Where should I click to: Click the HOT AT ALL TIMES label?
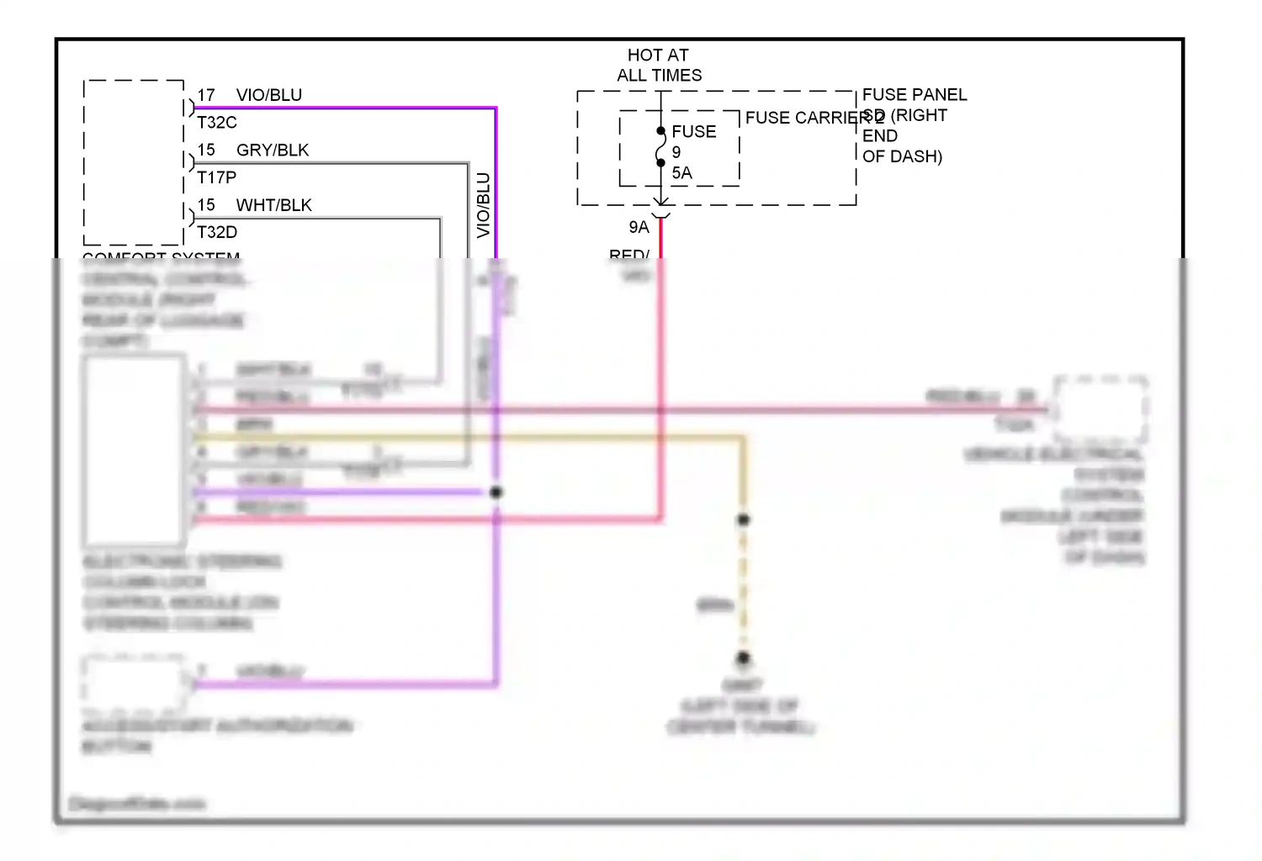[x=659, y=65]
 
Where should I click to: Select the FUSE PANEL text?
[x=914, y=95]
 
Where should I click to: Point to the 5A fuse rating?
[x=681, y=173]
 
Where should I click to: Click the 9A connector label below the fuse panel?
[x=639, y=227]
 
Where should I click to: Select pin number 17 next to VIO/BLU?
[x=206, y=95]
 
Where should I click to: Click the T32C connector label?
[x=217, y=123]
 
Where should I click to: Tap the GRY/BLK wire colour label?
[x=273, y=151]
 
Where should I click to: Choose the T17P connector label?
[x=217, y=177]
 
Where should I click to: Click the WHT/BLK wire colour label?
[x=273, y=205]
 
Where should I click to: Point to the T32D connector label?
[x=217, y=232]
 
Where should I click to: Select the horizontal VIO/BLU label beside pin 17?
[x=268, y=95]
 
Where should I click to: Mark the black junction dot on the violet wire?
[x=496, y=492]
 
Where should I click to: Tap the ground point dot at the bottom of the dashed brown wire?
[x=743, y=658]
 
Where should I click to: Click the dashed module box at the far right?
[x=1100, y=409]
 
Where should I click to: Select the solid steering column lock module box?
[x=134, y=450]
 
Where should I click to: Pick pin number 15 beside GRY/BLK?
[x=206, y=151]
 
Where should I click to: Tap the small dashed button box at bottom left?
[x=135, y=681]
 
